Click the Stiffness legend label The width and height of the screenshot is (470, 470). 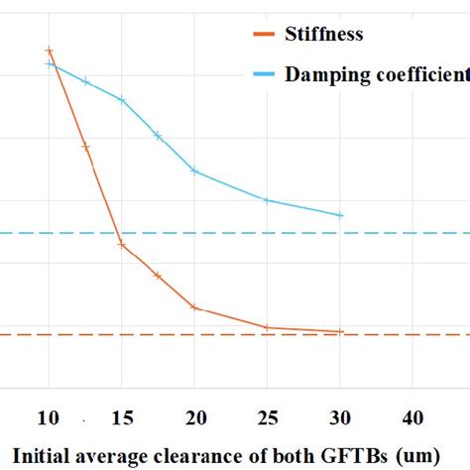click(323, 35)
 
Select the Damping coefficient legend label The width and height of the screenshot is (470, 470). click(376, 74)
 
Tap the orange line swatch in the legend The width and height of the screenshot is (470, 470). click(262, 36)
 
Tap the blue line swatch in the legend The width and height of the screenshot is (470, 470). click(262, 75)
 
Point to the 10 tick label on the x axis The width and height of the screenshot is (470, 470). click(49, 417)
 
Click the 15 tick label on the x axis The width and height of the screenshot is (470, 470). click(121, 417)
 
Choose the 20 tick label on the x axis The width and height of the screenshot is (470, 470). click(194, 417)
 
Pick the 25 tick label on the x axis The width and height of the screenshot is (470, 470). click(268, 417)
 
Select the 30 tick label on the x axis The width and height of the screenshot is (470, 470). click(341, 417)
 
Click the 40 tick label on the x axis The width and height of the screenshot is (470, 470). click(413, 417)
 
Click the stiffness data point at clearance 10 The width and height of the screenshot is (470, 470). click(49, 50)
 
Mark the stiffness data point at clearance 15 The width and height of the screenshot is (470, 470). click(122, 244)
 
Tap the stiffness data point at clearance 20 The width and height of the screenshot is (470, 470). click(194, 307)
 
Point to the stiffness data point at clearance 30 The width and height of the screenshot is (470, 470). click(341, 331)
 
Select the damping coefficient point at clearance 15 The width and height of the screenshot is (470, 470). click(122, 99)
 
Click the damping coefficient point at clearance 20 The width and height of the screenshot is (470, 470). click(194, 171)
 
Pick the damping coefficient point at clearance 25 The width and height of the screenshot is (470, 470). click(268, 200)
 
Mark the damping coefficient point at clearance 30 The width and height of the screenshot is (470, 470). click(341, 215)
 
